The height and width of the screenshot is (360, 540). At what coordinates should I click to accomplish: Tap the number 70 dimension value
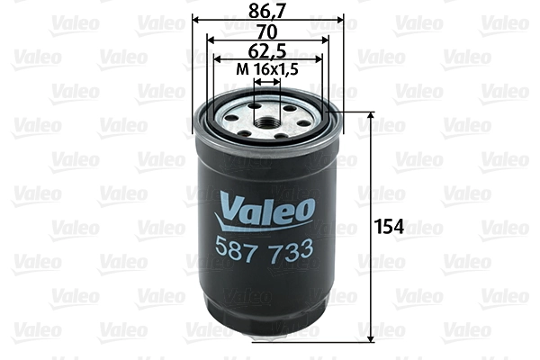267,31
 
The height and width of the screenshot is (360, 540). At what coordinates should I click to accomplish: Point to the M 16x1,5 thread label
268,70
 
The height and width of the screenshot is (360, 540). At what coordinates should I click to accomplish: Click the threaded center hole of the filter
267,116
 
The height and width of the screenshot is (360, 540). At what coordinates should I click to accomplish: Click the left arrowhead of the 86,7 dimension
197,19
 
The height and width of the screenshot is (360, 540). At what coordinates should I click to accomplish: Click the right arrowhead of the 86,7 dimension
340,19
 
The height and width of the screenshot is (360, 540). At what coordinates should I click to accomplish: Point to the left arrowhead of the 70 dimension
210,40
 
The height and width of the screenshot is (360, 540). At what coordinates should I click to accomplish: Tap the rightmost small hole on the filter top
306,118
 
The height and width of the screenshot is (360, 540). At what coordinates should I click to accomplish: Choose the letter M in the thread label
241,70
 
